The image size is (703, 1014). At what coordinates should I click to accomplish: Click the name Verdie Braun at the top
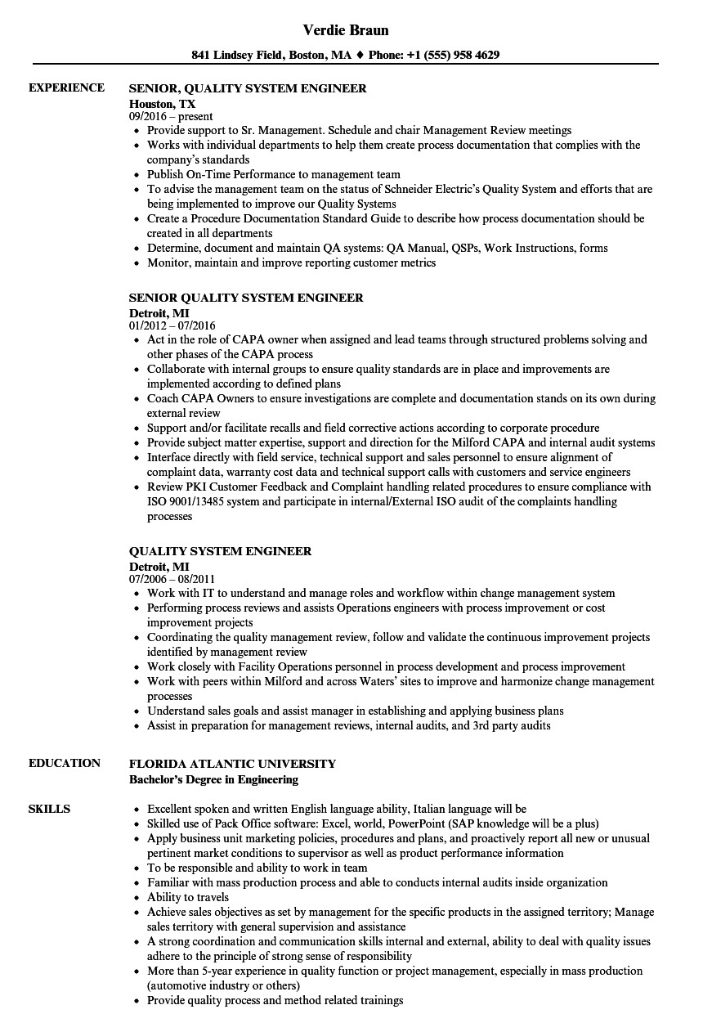[346, 30]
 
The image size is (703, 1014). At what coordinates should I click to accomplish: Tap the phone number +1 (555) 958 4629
[454, 56]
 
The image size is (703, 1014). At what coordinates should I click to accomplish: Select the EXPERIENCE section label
[66, 87]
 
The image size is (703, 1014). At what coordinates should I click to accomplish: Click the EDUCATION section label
[65, 763]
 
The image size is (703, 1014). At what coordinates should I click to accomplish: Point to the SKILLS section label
[49, 809]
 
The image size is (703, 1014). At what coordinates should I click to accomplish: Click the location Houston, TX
[163, 104]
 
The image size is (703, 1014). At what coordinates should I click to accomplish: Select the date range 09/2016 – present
[171, 117]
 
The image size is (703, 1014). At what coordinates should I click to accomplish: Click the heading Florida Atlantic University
[232, 764]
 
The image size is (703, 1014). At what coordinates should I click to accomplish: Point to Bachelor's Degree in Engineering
[213, 779]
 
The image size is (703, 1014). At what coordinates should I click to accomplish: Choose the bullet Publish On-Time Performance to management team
[274, 174]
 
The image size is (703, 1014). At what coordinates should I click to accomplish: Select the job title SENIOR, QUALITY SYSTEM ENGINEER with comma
[248, 88]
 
